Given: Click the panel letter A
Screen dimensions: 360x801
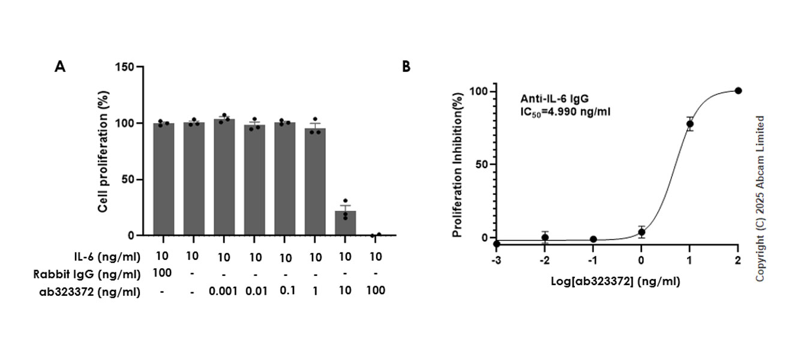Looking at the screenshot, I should click(60, 67).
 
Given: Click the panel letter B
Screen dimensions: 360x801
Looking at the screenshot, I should click(406, 67).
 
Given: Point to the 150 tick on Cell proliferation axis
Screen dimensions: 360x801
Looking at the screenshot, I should click(128, 67).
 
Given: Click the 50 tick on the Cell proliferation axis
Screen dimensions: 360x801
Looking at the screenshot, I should click(131, 179).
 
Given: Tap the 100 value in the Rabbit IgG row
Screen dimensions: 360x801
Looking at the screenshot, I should click(163, 274).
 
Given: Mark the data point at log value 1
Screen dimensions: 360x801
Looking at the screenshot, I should click(690, 124).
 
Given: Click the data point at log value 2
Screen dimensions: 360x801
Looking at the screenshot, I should click(738, 91).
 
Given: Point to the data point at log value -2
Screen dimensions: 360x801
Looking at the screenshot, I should click(545, 238).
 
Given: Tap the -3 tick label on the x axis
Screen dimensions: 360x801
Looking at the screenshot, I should click(496, 261).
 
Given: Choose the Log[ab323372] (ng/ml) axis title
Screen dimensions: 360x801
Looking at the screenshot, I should click(617, 280).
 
